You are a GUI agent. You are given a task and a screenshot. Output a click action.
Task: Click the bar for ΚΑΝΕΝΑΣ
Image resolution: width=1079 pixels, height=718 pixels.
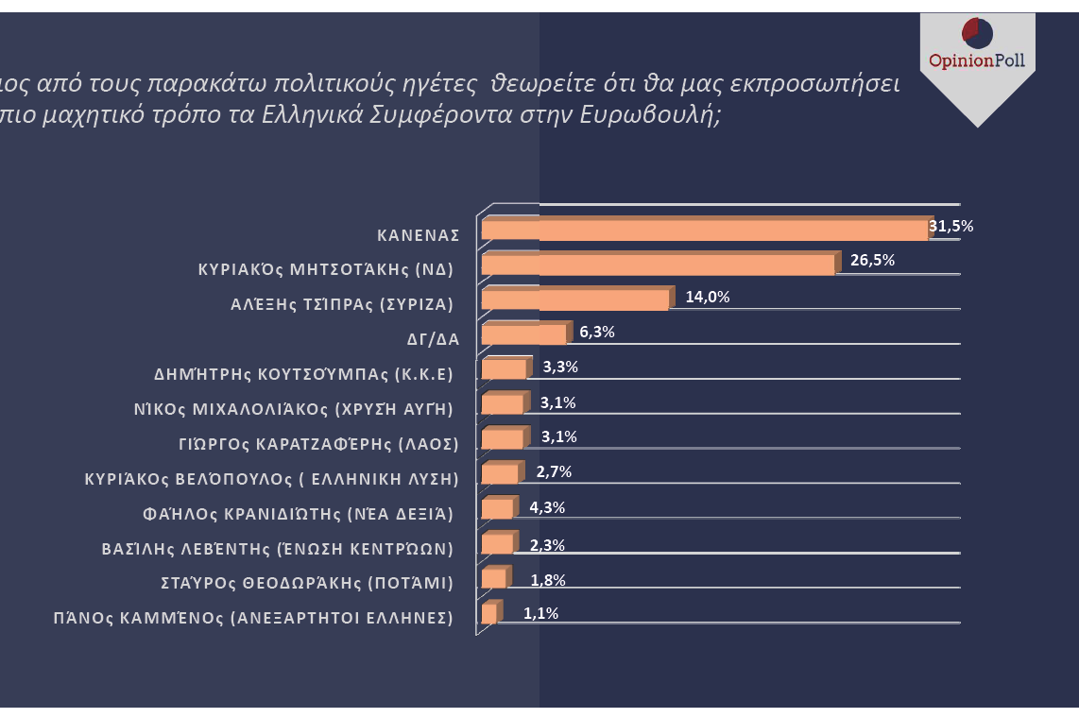pos(704,230)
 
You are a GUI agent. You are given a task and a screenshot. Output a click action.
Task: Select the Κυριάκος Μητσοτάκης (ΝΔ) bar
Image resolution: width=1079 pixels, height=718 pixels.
pos(658,264)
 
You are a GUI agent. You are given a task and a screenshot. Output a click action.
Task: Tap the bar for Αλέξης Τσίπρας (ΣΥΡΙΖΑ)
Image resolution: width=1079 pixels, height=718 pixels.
pos(574,299)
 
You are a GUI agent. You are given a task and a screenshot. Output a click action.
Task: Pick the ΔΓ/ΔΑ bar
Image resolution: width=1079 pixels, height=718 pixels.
pos(523,334)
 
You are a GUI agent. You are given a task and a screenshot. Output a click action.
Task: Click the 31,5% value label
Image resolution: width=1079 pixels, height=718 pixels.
pos(951,226)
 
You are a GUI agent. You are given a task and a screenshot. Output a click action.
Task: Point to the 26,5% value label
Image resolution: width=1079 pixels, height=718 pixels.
pos(872,260)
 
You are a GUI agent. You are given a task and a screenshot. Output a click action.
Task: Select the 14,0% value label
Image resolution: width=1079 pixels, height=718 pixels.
pos(707,297)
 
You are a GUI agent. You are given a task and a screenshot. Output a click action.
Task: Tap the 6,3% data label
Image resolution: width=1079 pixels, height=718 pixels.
pos(597,332)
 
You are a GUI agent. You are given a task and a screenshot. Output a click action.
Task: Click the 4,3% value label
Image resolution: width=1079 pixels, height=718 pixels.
pos(547,507)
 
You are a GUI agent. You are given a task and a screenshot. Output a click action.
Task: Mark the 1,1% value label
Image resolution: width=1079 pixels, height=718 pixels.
pos(540,613)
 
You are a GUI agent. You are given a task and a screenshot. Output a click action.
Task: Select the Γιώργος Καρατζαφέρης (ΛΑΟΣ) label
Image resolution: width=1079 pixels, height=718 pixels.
pos(318,444)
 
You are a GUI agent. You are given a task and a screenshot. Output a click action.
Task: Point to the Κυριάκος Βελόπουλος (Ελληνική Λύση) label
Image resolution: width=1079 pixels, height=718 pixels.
pos(272,479)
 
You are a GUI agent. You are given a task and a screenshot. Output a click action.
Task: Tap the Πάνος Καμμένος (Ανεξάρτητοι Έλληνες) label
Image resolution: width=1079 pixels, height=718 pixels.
pos(253,619)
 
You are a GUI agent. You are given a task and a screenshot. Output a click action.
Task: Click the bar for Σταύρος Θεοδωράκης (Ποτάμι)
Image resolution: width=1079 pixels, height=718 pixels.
pos(493,578)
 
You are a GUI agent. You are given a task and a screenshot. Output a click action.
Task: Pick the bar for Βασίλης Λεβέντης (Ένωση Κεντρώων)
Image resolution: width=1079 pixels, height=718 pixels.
pos(497,543)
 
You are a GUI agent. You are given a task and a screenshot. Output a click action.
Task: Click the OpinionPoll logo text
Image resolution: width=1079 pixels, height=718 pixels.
pos(977,61)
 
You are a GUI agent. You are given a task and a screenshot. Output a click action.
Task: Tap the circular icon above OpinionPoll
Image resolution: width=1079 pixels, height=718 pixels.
pos(977,32)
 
